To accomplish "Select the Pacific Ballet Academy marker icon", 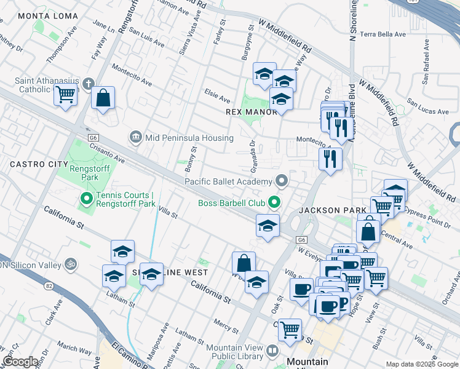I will click(282, 181).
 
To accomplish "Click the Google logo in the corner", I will click(21, 362).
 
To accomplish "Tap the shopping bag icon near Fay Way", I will click(103, 97).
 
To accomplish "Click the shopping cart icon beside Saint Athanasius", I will click(65, 95).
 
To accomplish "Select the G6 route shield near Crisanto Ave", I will click(93, 138).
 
